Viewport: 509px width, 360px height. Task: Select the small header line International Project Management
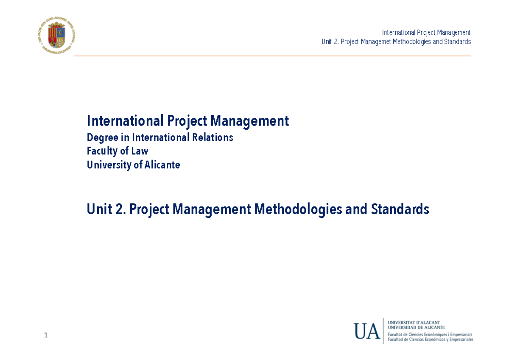(x=426, y=33)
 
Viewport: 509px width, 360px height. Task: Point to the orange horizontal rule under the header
(x=272, y=56)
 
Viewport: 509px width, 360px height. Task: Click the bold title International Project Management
(x=187, y=121)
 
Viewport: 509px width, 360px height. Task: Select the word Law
(x=140, y=151)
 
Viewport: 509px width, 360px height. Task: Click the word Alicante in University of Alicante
(x=162, y=165)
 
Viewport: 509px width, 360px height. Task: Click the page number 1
(x=46, y=336)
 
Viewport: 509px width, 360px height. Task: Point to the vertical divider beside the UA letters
(x=383, y=331)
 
